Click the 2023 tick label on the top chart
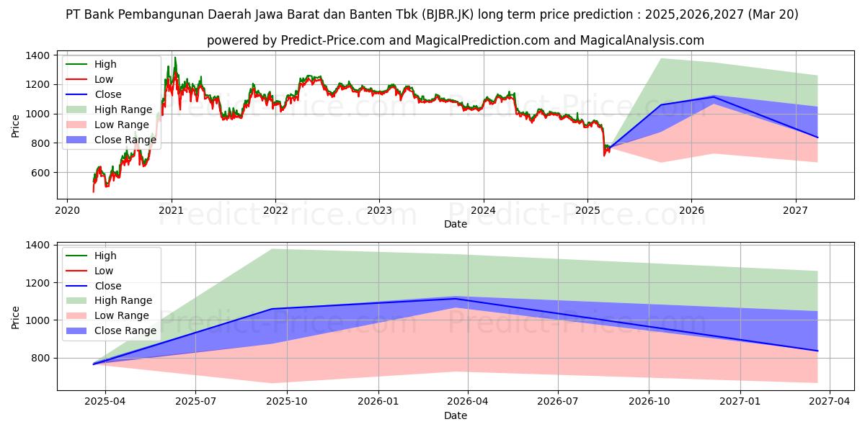coord(379,211)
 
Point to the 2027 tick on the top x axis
coord(796,211)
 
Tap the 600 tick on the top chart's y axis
coord(39,173)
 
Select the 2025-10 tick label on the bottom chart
coord(287,402)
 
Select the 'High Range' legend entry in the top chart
coord(123,109)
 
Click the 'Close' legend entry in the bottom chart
coord(108,286)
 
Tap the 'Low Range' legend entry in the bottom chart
coord(123,315)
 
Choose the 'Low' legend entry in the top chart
coord(104,79)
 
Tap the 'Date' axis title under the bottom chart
coord(456,415)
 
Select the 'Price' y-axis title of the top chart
coord(16,125)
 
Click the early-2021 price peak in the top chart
coord(174,58)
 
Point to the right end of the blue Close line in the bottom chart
coord(817,351)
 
